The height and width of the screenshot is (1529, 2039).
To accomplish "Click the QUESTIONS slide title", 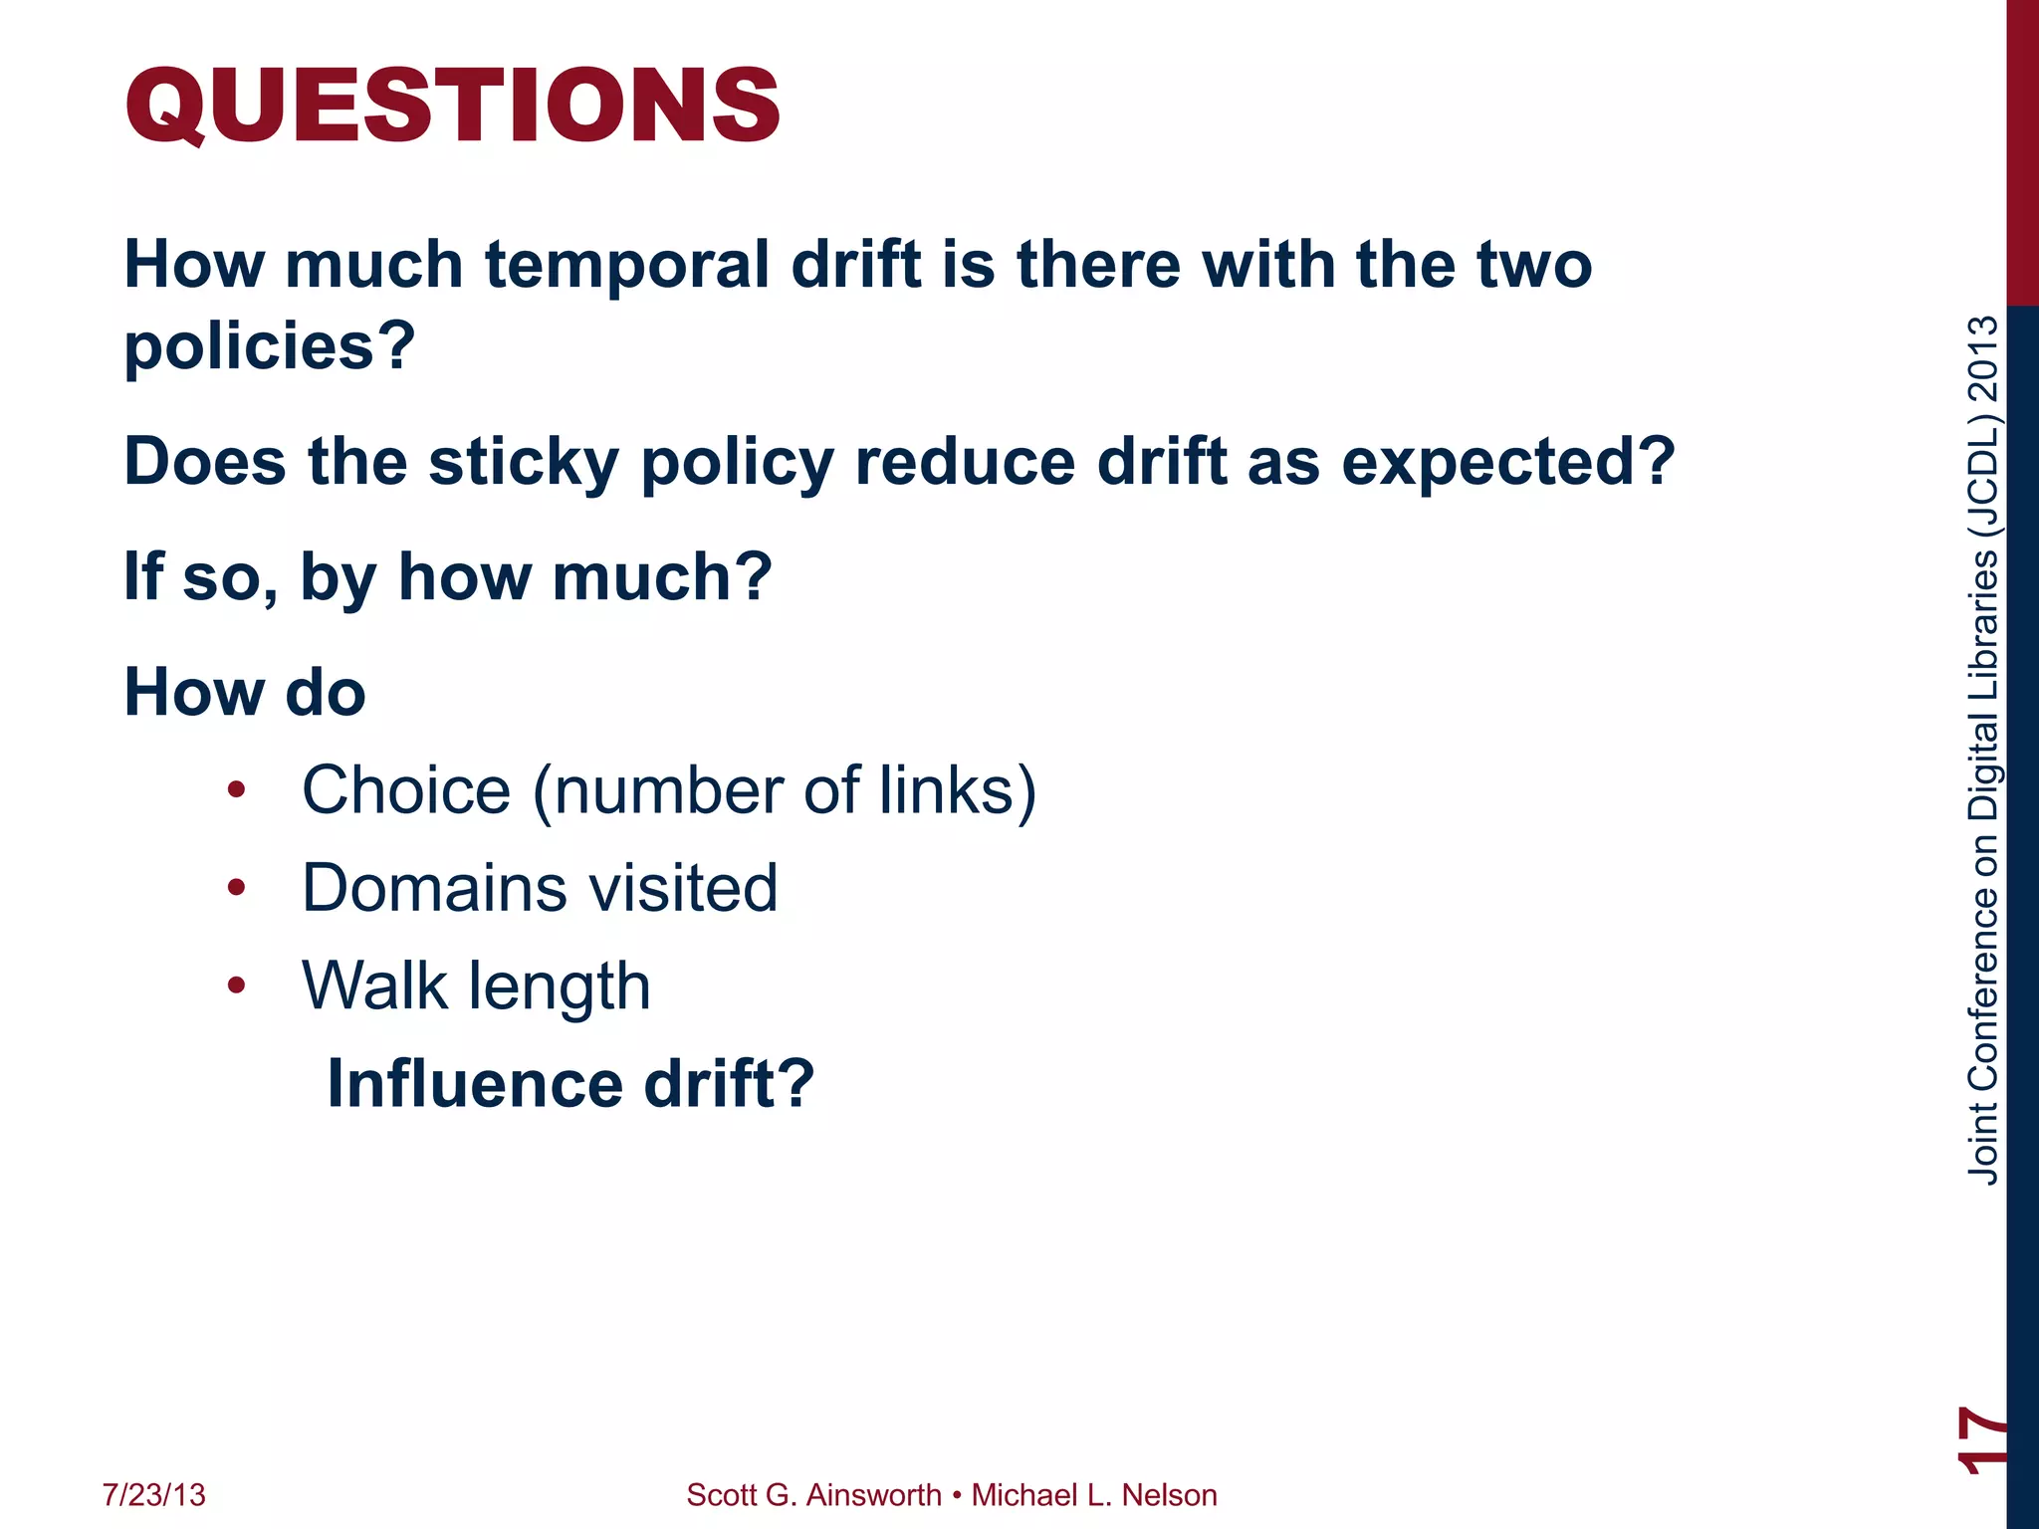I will coord(453,107).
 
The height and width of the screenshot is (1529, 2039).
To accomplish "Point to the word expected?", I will coord(1508,463).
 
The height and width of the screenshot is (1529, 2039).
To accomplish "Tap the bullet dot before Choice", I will coord(236,790).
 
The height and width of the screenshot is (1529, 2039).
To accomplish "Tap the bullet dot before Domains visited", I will coord(236,887).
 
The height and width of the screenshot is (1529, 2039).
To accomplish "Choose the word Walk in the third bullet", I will coord(374,985).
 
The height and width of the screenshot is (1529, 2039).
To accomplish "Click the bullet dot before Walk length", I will coord(236,985).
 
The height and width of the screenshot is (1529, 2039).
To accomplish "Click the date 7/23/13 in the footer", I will coord(153,1495).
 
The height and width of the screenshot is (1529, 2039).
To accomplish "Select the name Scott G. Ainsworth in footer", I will coord(813,1495).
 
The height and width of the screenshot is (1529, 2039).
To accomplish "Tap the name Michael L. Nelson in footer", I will coord(1094,1495).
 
